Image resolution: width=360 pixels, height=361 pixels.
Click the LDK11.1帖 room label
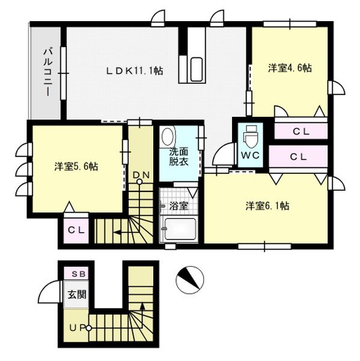point(135,70)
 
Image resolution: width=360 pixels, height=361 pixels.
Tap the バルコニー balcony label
point(48,72)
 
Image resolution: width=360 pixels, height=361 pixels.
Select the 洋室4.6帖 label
point(290,68)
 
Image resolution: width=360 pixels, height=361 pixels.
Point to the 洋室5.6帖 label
point(76,166)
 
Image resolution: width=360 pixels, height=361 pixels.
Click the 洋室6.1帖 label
point(267,206)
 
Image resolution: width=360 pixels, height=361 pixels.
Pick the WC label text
point(250,156)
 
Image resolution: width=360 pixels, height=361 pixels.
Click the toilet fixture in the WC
point(251,137)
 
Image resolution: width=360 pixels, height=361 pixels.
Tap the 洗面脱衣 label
point(178,156)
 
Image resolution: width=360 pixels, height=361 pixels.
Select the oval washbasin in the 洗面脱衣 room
point(168,136)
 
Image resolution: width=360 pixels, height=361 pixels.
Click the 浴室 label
point(178,206)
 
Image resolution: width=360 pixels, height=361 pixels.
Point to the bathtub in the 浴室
point(180,229)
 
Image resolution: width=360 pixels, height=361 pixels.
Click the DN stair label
point(141,176)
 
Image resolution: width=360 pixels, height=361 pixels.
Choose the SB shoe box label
point(79,274)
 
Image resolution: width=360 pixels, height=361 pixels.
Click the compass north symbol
point(190,280)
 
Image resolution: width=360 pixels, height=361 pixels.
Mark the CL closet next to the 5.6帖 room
point(76,230)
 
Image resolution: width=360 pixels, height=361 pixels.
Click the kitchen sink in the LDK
point(197,69)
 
